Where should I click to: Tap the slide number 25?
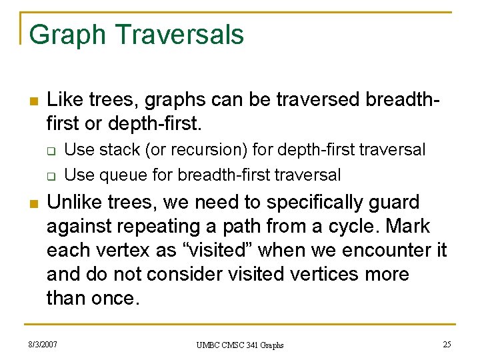tap(447, 344)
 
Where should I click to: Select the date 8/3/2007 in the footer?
tap(43, 344)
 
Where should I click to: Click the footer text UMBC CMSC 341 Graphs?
tap(240, 345)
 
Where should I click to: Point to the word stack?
tap(118, 150)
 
